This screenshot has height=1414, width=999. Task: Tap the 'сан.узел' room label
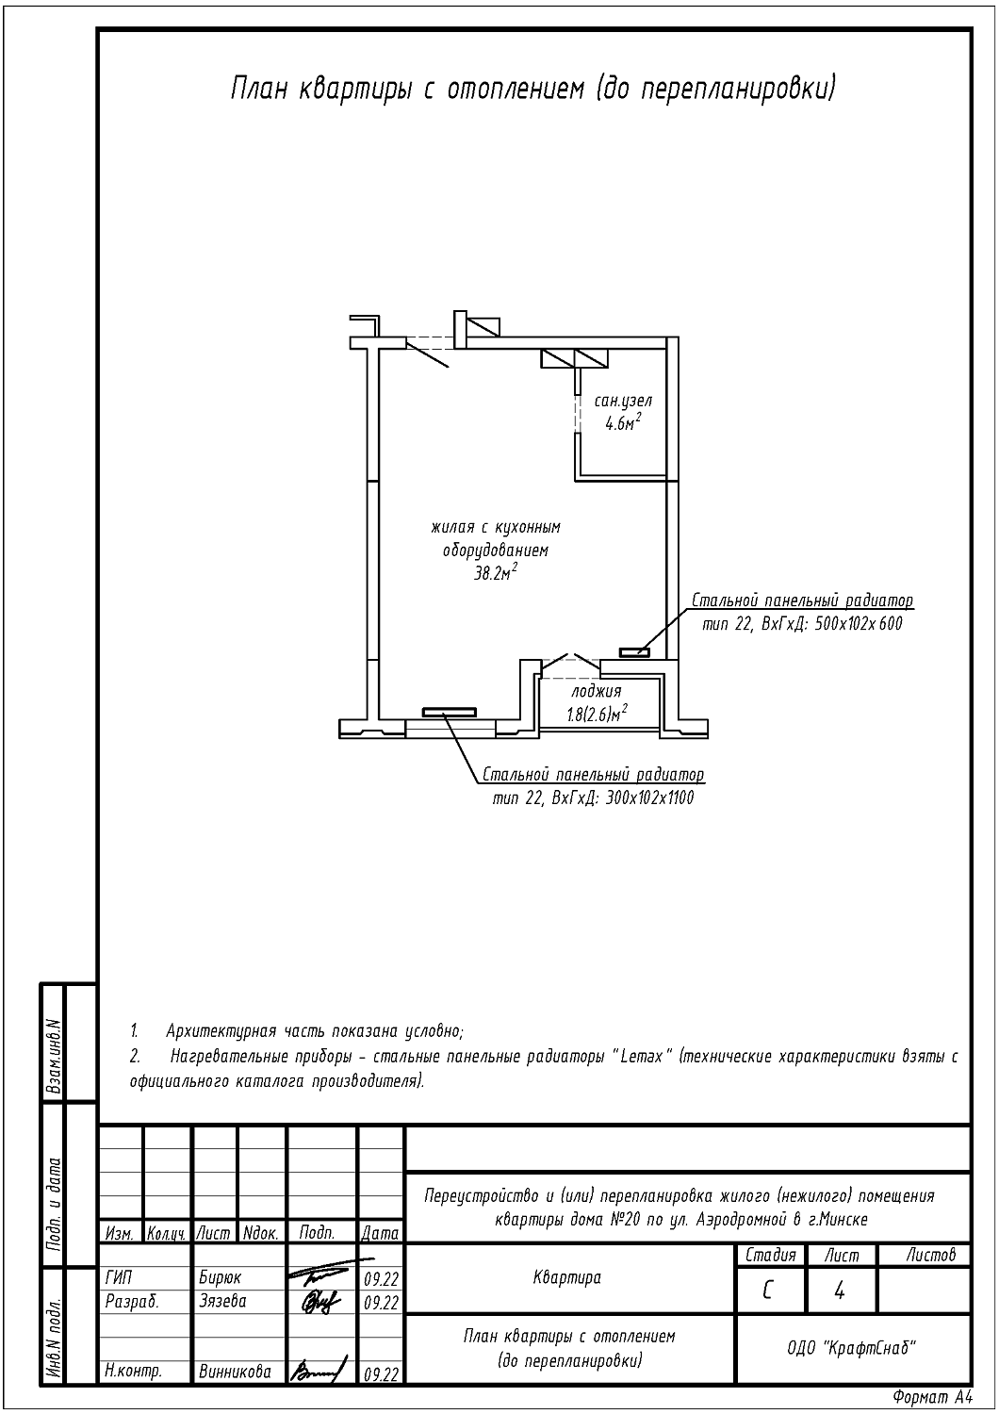point(623,401)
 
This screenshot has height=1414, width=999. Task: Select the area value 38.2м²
point(496,573)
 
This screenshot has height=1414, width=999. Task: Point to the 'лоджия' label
point(597,691)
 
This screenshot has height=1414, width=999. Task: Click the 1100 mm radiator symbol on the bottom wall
point(450,712)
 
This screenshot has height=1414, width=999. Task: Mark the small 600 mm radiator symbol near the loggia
point(634,652)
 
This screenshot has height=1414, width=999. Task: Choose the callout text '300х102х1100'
point(649,798)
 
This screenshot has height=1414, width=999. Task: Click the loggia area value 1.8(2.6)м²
point(597,714)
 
